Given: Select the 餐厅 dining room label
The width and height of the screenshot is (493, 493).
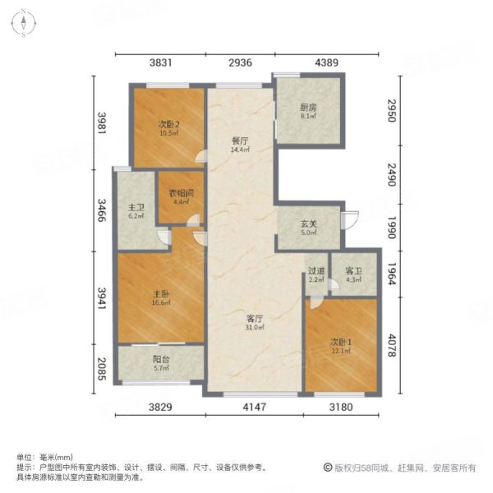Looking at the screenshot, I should coord(239,141).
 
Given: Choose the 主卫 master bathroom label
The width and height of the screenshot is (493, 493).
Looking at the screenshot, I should coord(136,207).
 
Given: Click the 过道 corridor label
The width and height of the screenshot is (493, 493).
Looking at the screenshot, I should coord(316,272).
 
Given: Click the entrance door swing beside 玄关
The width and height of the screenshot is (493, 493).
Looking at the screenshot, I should coord(351,220).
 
